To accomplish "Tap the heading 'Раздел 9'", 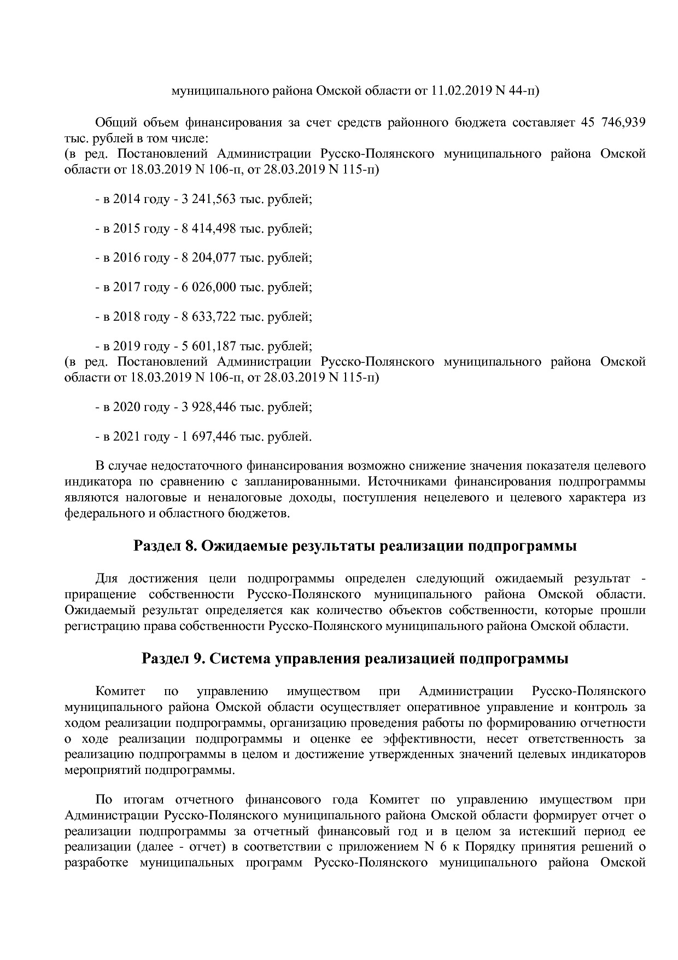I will (173, 658).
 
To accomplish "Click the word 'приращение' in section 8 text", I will (100, 594).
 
